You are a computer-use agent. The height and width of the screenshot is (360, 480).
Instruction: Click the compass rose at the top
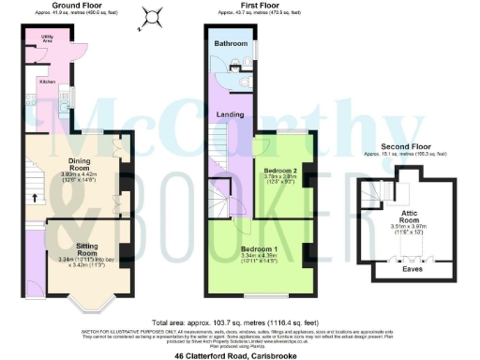[x=151, y=16]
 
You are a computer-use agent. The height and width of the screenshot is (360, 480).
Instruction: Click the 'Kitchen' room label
[x=47, y=82]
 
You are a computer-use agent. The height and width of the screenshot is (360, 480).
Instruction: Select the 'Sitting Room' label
[x=87, y=248]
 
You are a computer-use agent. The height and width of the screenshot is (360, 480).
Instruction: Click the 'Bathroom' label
[x=230, y=44]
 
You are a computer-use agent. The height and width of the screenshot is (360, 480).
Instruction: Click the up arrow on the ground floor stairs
[x=37, y=198]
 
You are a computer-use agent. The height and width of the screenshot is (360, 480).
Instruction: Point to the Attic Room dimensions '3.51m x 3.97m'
[x=409, y=228]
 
